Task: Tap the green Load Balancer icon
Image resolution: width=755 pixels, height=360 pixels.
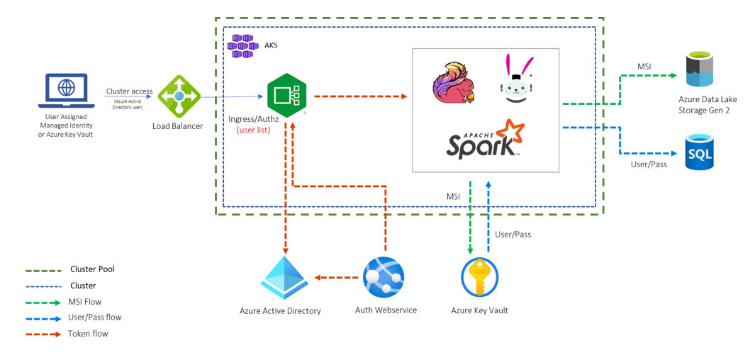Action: (x=179, y=96)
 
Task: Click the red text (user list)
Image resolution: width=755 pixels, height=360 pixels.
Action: (x=253, y=130)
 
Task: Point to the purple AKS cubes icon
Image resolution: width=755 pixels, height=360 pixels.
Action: (x=242, y=45)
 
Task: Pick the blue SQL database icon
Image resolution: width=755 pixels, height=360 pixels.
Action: (x=699, y=151)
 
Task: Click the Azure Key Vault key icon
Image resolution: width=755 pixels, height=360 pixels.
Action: (x=480, y=278)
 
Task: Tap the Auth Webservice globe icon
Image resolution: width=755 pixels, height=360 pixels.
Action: (x=384, y=277)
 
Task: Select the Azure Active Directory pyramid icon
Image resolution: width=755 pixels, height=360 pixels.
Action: (x=284, y=277)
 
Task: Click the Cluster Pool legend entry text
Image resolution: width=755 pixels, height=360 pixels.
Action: (x=92, y=269)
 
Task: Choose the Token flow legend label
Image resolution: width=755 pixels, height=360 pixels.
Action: (x=88, y=334)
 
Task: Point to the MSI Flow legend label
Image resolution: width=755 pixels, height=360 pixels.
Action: (x=84, y=302)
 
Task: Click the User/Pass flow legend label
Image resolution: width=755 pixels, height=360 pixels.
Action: (x=94, y=317)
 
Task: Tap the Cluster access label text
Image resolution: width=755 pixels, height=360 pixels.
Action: (x=129, y=91)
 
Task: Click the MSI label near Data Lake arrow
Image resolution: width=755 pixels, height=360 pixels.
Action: (x=644, y=67)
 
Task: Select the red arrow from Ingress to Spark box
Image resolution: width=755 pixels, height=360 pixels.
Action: (x=359, y=96)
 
